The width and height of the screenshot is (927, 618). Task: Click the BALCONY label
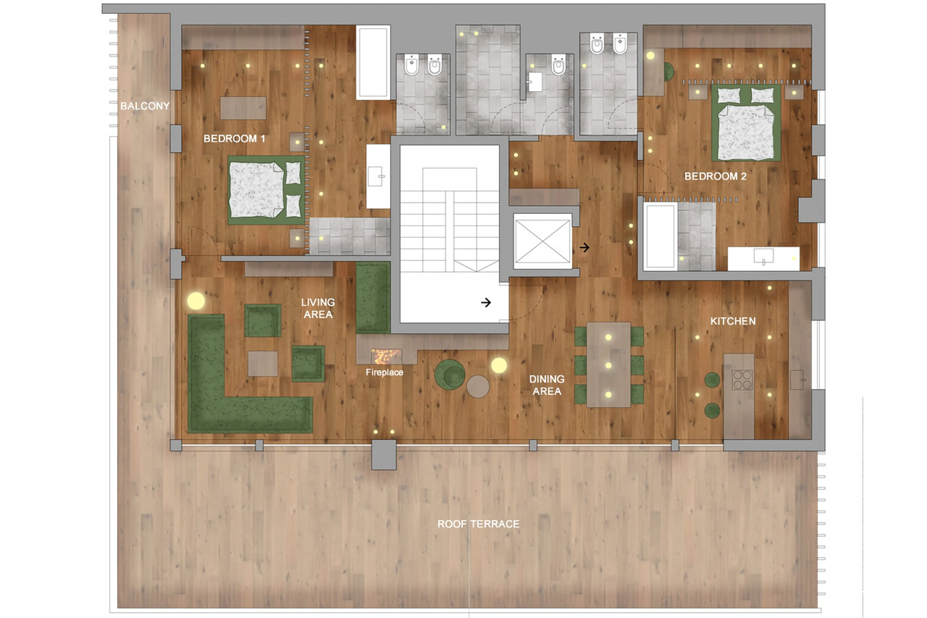[145, 106]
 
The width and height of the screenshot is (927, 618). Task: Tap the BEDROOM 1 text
[234, 139]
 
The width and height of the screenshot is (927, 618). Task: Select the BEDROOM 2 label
[715, 176]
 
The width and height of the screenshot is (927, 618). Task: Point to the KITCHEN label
[733, 321]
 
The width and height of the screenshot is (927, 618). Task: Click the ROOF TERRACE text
[478, 524]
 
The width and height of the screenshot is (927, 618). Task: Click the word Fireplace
[384, 372]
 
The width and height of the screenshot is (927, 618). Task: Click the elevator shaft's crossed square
[542, 241]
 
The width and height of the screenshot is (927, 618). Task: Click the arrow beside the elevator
[584, 248]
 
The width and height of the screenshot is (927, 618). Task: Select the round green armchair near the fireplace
[449, 374]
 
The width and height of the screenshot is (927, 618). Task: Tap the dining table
[608, 365]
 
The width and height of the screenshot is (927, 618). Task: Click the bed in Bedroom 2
[746, 126]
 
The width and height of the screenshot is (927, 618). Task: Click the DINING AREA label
[547, 385]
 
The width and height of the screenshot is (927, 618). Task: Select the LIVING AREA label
[318, 308]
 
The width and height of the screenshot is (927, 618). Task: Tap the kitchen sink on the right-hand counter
[797, 380]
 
